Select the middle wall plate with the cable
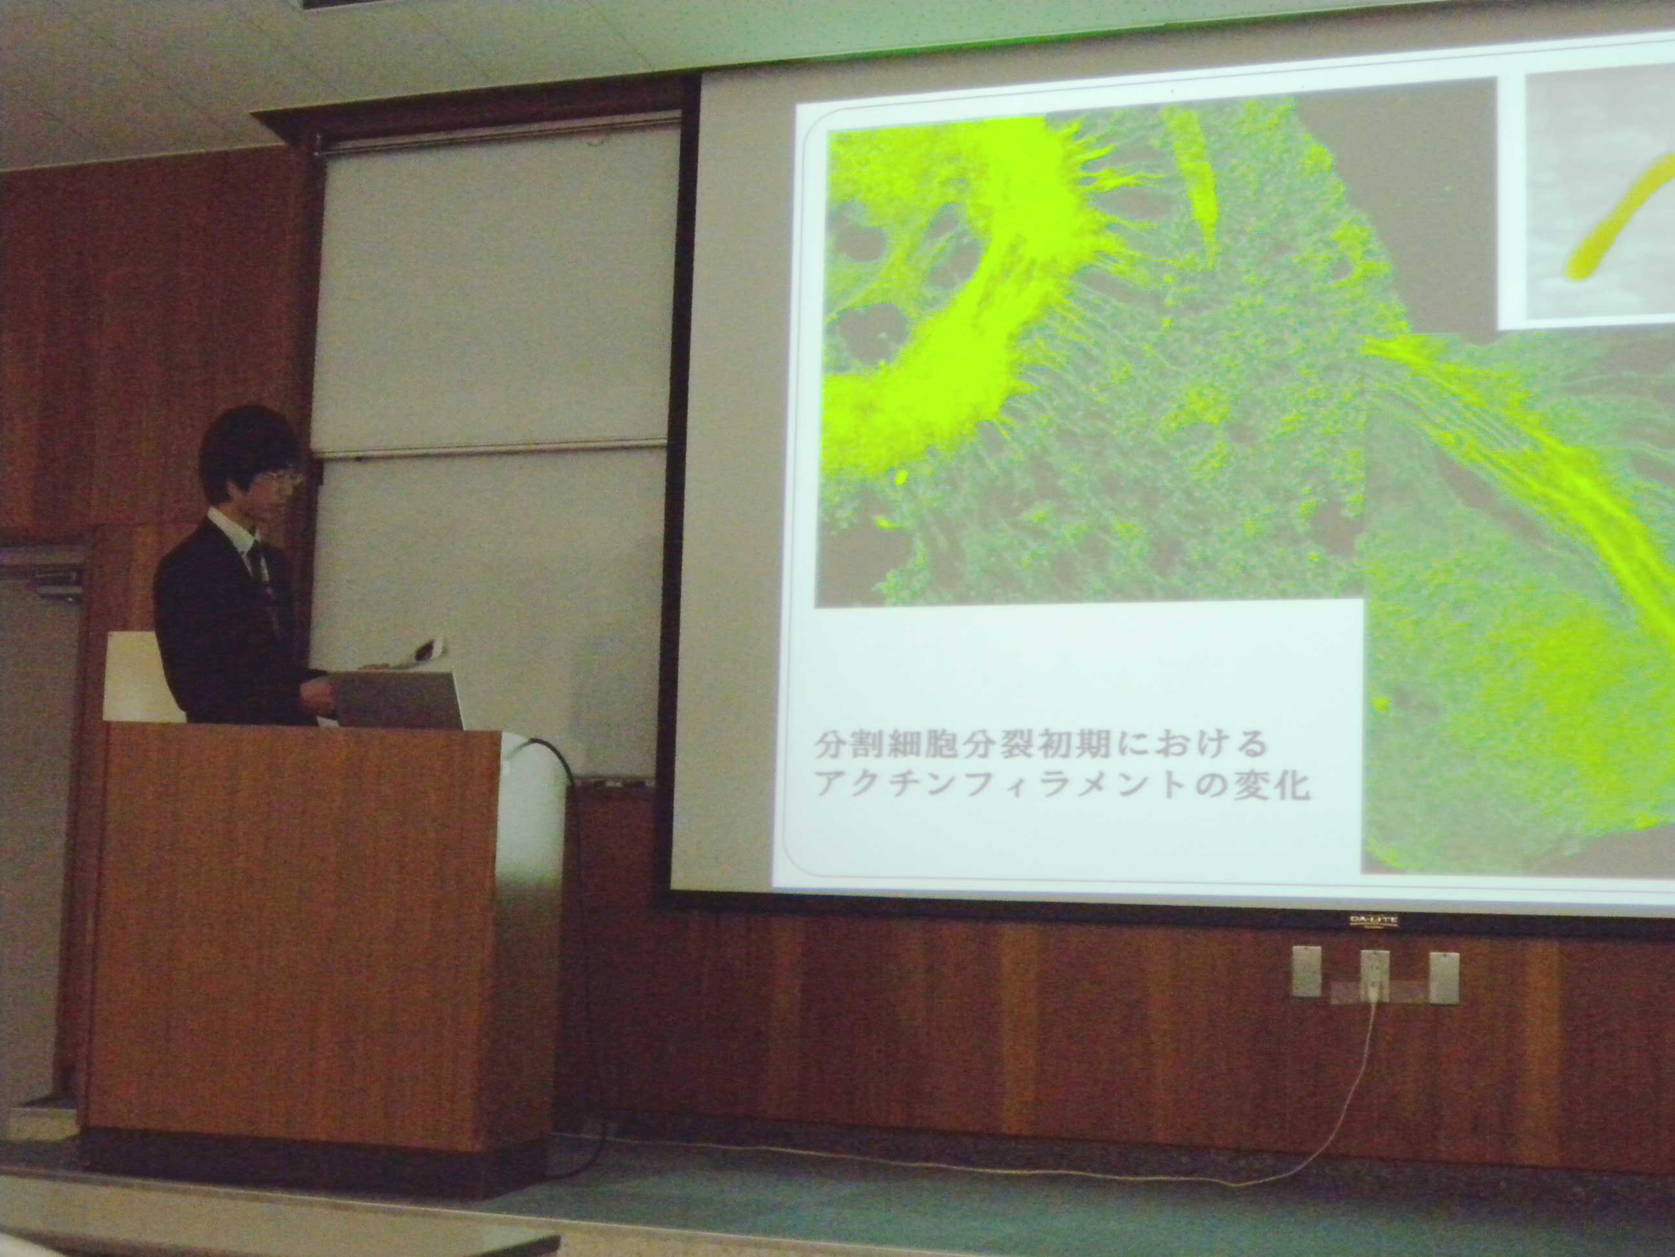[1375, 976]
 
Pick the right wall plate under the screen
[1443, 978]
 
